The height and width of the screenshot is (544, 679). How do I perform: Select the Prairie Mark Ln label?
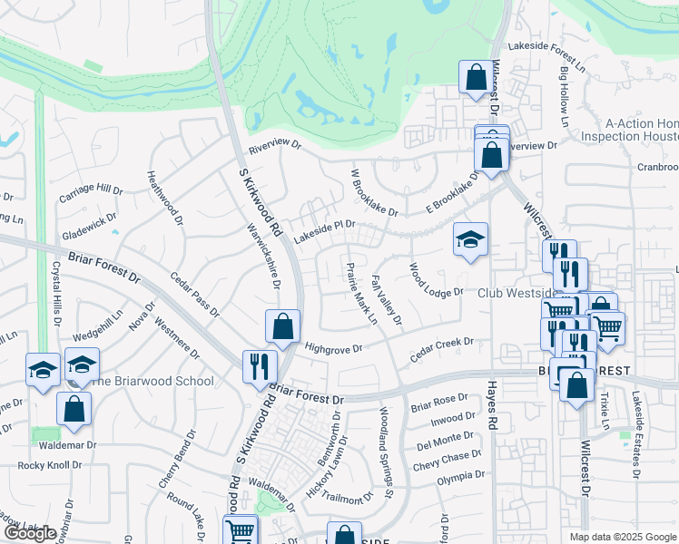pos(362,292)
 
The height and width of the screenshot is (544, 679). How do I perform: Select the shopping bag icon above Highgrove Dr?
pos(283,326)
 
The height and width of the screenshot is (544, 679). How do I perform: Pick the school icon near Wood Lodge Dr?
pos(470,239)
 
